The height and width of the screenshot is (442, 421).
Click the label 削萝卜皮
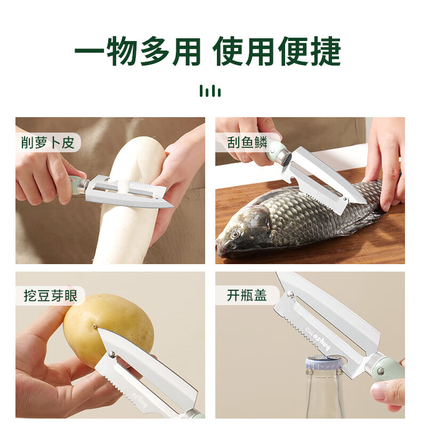[x=47, y=142]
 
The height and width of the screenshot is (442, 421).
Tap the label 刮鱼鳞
[x=247, y=142]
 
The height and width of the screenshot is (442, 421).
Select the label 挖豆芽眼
[x=50, y=296]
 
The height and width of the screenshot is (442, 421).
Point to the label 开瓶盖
[x=247, y=296]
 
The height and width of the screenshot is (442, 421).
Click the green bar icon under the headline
[x=210, y=91]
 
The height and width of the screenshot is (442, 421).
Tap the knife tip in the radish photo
[x=173, y=207]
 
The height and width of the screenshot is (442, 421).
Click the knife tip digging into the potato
[x=95, y=327]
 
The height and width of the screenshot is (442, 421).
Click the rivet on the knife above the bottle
[x=290, y=295]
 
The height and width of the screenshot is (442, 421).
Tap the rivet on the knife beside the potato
[x=112, y=354]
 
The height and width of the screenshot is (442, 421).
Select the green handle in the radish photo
[x=74, y=184]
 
